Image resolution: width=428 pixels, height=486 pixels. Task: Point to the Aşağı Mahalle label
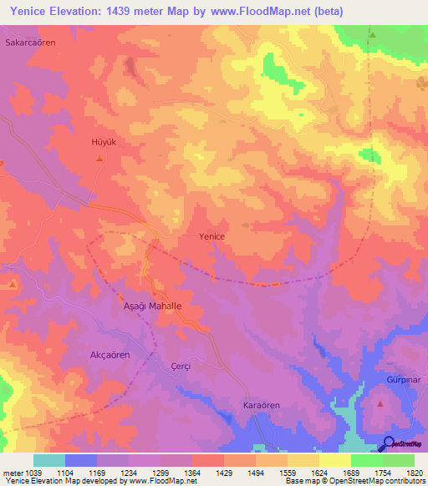153,306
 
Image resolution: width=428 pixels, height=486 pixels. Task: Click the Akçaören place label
110,355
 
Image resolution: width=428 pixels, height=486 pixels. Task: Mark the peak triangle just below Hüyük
99,158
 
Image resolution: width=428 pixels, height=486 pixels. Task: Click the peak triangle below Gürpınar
380,404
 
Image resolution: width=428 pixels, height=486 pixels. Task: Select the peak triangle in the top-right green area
373,34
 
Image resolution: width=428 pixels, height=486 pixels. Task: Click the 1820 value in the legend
415,473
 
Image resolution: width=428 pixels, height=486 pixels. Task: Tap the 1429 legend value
224,473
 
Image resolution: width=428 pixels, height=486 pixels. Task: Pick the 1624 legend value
319,473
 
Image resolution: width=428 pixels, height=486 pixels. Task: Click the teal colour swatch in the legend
49,460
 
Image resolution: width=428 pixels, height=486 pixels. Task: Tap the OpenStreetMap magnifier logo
390,444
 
